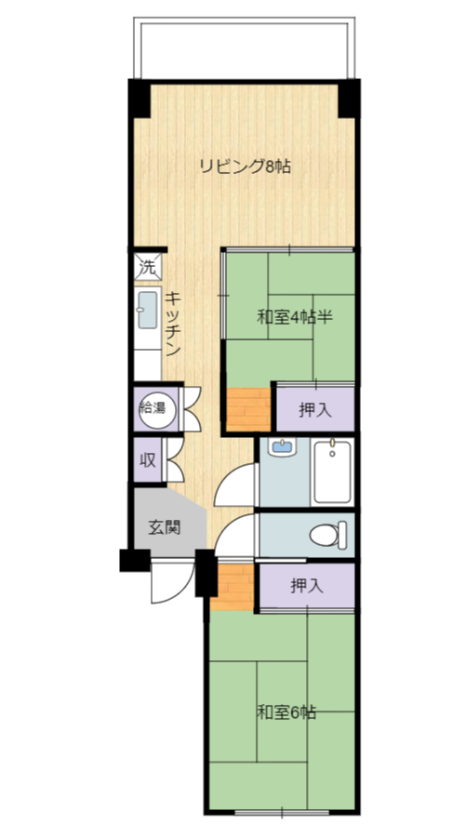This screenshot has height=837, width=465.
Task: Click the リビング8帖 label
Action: click(x=245, y=166)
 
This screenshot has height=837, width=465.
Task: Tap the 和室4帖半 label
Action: click(x=295, y=318)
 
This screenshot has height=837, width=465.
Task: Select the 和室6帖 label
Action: click(x=286, y=712)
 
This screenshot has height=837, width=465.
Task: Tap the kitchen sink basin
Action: click(x=147, y=310)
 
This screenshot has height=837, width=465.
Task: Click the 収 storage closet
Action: click(x=148, y=459)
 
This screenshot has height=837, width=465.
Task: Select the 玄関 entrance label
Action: click(x=165, y=527)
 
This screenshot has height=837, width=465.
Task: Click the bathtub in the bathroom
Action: click(x=332, y=471)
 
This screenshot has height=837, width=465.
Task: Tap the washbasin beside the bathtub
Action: click(x=283, y=447)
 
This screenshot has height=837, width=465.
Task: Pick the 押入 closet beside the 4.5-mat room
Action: click(x=315, y=409)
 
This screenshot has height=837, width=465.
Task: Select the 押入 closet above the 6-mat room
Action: click(x=307, y=586)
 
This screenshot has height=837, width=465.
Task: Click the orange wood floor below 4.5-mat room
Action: click(x=249, y=409)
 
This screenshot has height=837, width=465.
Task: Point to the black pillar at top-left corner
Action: click(x=139, y=99)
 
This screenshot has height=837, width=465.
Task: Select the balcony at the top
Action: click(x=245, y=48)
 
